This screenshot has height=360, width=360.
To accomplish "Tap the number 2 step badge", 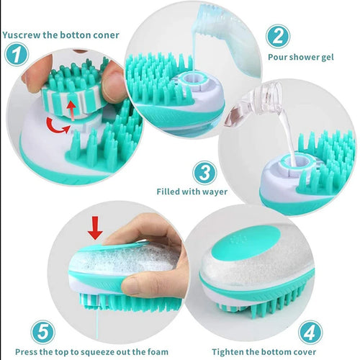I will click(279, 35).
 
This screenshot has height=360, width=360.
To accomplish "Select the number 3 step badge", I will click(204, 173).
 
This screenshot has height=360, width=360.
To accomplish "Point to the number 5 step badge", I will click(43, 333).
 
